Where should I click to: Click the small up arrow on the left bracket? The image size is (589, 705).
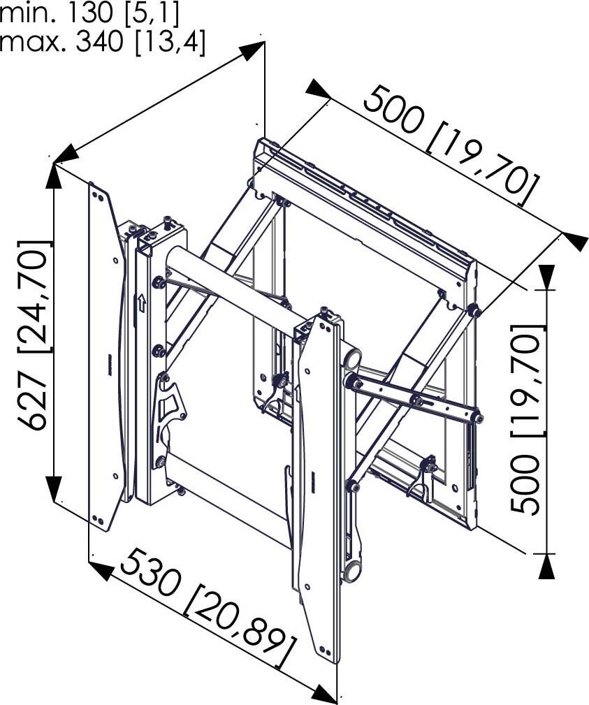coord(140,303)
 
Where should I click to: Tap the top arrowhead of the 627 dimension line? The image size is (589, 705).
coord(54,175)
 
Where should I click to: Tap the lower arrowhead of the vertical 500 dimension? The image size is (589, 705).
coord(547,566)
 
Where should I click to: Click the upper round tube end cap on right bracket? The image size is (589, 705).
coord(353,359)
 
